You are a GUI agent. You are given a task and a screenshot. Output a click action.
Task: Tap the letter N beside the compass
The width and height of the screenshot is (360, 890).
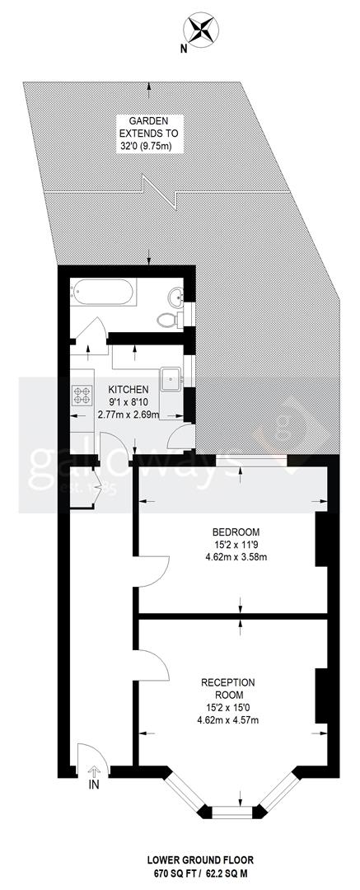click(x=184, y=49)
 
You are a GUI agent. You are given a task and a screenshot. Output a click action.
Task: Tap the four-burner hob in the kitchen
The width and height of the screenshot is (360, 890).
click(x=82, y=396)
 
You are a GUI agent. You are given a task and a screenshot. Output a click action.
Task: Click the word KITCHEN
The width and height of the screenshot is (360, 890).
click(x=128, y=390)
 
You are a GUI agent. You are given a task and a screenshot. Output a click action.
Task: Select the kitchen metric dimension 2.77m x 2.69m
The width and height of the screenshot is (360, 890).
click(x=128, y=415)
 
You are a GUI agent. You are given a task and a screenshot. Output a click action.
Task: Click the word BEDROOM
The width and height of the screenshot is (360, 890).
click(x=236, y=532)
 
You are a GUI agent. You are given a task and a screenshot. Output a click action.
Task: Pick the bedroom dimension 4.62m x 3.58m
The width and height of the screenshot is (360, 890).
click(x=236, y=558)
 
